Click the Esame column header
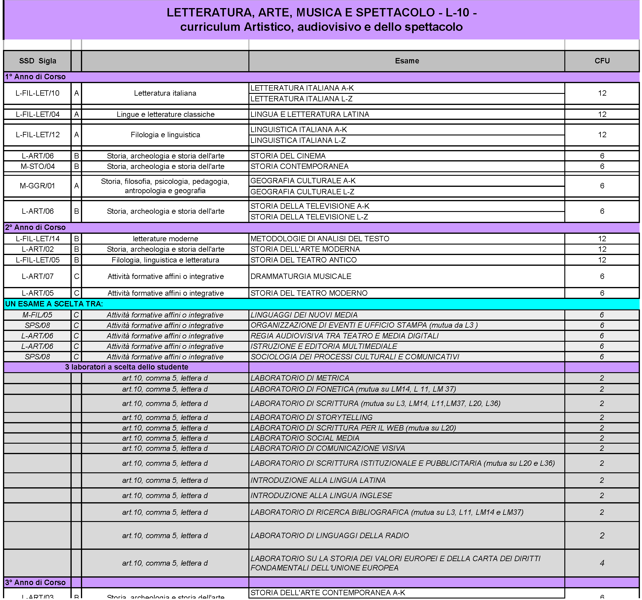click(407, 61)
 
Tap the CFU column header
click(602, 61)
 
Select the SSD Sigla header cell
click(37, 61)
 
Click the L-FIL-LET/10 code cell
click(37, 93)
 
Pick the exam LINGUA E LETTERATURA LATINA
click(309, 114)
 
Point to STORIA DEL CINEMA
click(288, 156)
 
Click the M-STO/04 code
click(37, 166)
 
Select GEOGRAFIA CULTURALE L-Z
click(302, 192)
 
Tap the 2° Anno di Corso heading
click(35, 227)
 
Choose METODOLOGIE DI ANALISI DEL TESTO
click(320, 239)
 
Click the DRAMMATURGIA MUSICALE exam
click(301, 277)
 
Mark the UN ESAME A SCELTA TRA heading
click(54, 304)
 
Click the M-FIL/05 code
click(37, 315)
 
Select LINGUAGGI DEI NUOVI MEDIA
click(304, 315)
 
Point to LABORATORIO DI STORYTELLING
click(311, 417)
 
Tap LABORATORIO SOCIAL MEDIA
click(305, 438)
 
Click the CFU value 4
click(602, 563)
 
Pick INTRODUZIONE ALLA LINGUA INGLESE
click(321, 495)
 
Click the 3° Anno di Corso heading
click(35, 582)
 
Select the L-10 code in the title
click(457, 13)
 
